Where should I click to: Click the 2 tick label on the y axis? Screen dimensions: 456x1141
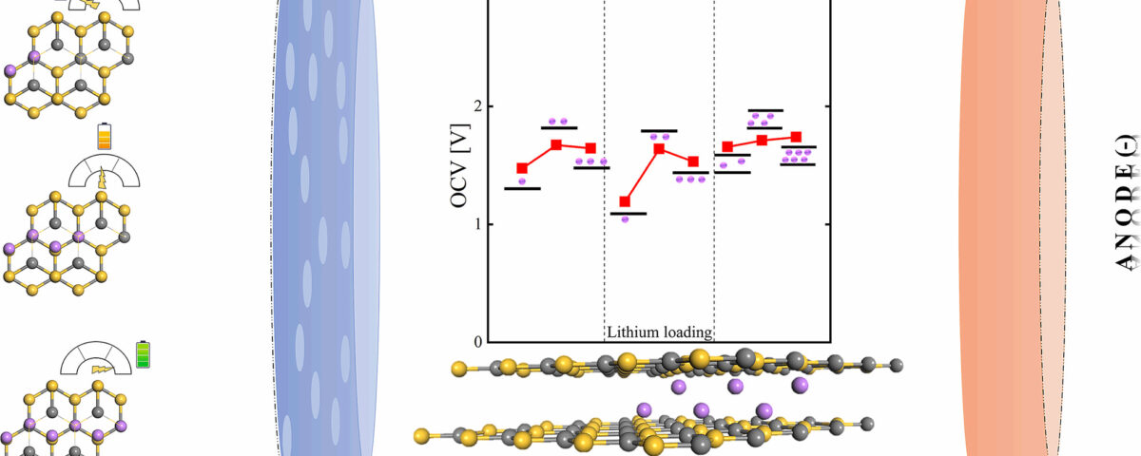pos(474,106)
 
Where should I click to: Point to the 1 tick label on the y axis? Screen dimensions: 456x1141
pos(474,224)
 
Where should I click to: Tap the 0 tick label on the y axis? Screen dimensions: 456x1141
pos(474,341)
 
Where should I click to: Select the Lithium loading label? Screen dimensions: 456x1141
pos(660,332)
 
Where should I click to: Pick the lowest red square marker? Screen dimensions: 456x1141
pos(625,201)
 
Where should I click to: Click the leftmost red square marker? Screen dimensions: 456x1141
pos(522,168)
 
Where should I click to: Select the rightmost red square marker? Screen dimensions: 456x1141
pos(797,137)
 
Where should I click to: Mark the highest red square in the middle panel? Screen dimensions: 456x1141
pos(659,148)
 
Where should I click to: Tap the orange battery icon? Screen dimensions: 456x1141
pos(105,137)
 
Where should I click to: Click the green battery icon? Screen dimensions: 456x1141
pos(144,355)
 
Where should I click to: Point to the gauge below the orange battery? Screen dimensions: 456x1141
pos(105,172)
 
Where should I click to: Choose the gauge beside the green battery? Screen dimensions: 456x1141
pos(98,359)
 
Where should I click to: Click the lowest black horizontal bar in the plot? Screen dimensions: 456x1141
pos(629,214)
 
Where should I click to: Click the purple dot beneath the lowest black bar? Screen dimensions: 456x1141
pos(625,219)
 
